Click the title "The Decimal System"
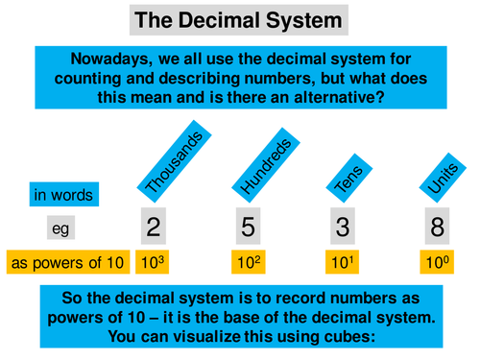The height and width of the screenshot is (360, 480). point(240,19)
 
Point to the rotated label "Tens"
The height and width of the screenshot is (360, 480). point(344,170)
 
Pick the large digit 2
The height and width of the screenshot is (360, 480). point(154,227)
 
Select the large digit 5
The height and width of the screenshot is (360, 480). point(248,227)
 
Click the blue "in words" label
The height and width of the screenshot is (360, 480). point(63,196)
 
